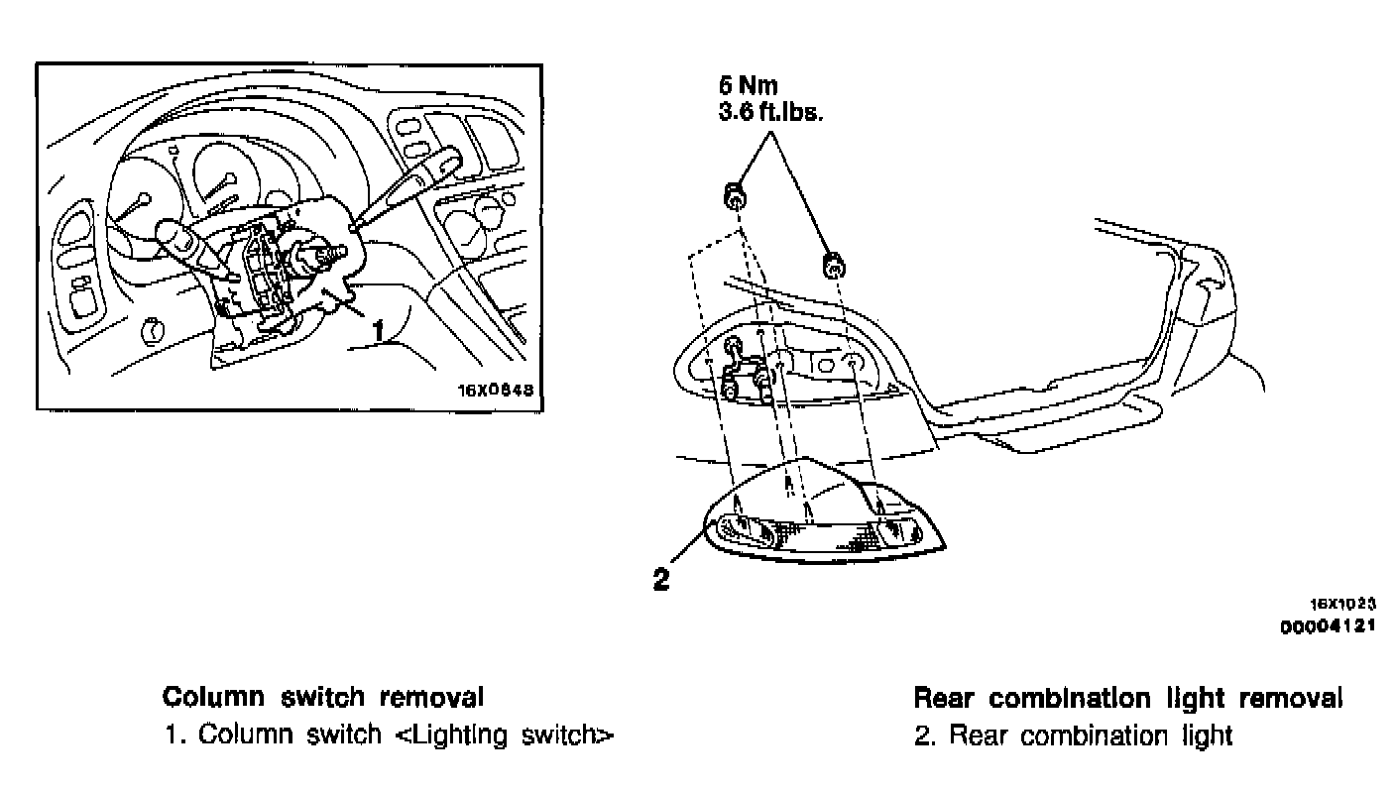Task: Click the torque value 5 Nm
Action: click(749, 88)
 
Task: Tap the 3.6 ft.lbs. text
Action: click(771, 112)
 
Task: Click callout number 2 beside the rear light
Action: click(661, 579)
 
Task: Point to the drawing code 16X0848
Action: click(496, 390)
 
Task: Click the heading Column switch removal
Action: click(323, 698)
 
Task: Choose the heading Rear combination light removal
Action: click(1127, 698)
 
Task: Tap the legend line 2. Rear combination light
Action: click(1073, 735)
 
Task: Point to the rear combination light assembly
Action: click(823, 520)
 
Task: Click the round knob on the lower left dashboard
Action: click(154, 329)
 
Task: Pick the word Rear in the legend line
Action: click(982, 735)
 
